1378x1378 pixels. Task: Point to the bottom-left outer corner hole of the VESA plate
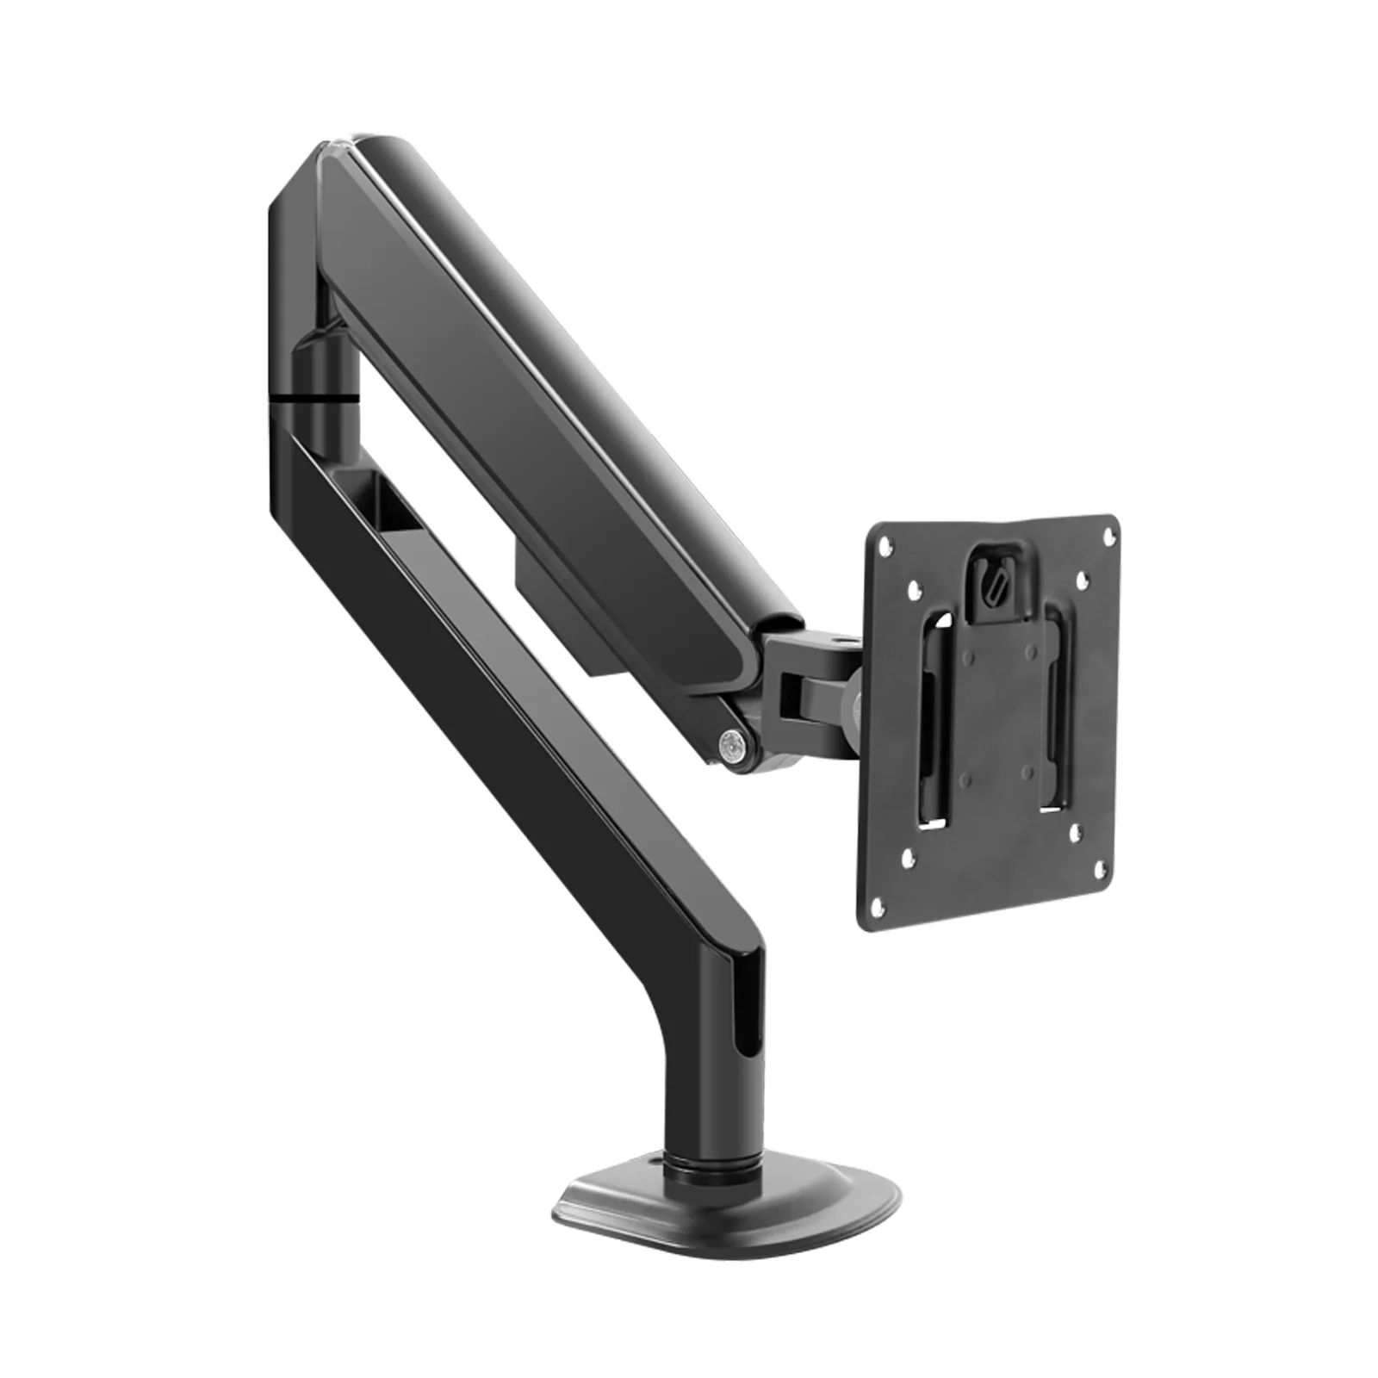coord(878,904)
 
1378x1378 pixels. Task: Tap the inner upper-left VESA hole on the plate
coord(909,589)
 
